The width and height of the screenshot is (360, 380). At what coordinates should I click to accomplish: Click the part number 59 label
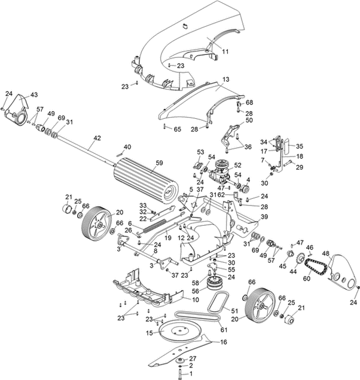coord(158,163)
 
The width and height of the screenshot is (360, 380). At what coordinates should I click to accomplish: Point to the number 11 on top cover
coord(225,52)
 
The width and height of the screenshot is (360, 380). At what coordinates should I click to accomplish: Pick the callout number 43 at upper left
coord(34,95)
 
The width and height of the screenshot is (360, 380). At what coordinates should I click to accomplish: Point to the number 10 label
coord(196,299)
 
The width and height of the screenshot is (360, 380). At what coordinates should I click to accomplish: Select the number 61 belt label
coord(224,329)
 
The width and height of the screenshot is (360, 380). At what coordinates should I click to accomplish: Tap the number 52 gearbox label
coord(237,165)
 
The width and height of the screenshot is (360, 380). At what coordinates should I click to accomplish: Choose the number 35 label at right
coord(300,146)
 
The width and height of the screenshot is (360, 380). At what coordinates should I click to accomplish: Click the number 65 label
coord(177,128)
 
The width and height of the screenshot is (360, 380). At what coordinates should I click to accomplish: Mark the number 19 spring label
coord(168,238)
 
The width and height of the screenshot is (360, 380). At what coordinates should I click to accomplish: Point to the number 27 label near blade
coord(193,358)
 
